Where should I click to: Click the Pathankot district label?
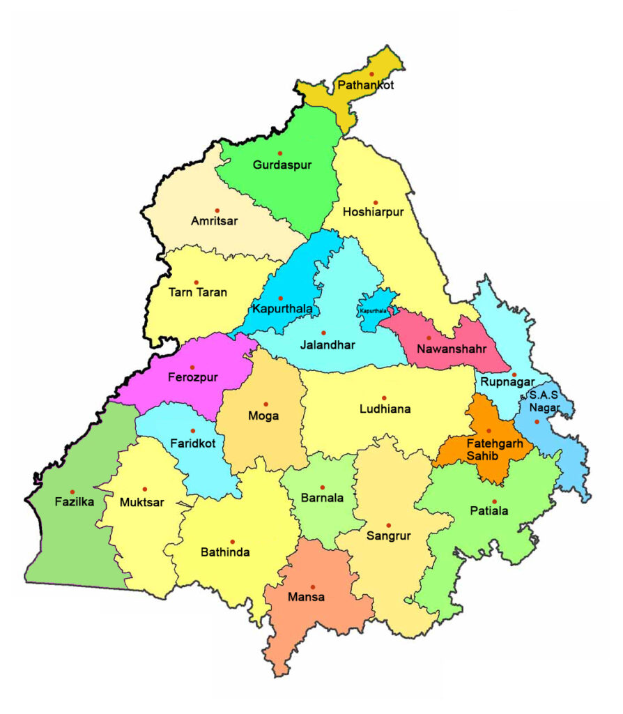365,86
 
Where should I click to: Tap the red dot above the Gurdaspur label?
280,153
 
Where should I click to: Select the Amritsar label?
215,221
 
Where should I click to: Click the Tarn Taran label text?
198,293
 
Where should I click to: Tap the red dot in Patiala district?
494,501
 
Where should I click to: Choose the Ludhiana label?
385,409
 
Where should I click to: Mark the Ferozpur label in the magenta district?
193,377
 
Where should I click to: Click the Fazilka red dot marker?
72,492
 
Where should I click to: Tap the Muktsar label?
142,502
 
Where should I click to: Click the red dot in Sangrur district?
389,525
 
